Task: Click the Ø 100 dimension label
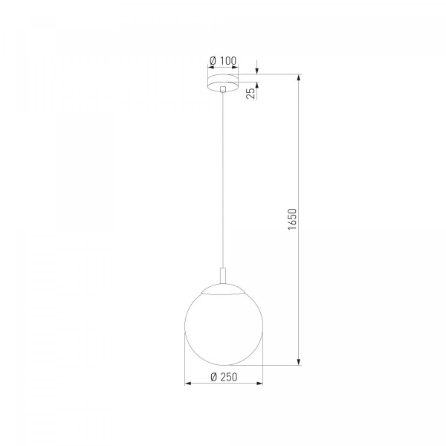223,61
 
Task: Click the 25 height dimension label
251,94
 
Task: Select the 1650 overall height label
292,219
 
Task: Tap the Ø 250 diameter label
224,377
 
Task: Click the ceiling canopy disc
223,83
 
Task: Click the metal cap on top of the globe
223,288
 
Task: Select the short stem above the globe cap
223,275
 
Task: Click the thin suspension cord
223,180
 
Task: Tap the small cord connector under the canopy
223,89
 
